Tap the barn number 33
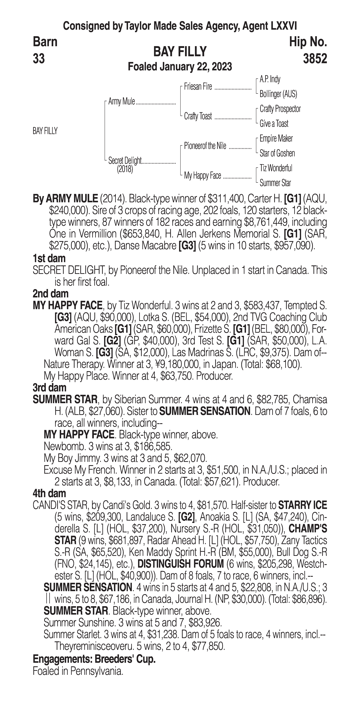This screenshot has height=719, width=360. coord(39,59)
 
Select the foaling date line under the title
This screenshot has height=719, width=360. coord(180,67)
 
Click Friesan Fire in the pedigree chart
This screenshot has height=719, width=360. coord(198,87)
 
